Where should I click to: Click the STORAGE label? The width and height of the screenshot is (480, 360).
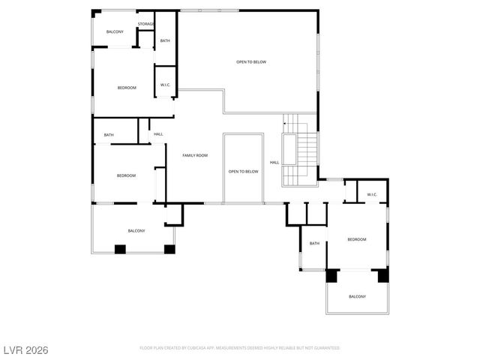pos(145,25)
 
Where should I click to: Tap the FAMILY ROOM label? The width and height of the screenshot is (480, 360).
pos(195,155)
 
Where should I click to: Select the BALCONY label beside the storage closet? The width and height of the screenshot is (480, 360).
pos(115,31)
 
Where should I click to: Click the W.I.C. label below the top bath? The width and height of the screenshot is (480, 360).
pos(165,85)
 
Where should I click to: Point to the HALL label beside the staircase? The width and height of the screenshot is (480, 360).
pos(274,162)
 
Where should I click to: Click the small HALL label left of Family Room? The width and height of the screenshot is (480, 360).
pos(158,134)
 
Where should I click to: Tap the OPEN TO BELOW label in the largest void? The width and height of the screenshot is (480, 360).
pos(251,62)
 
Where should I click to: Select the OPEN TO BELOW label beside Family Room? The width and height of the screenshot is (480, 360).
pos(243,172)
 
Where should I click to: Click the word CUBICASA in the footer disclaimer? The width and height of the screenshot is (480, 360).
pos(213,348)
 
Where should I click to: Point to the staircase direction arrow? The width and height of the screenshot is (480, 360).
pos(285,124)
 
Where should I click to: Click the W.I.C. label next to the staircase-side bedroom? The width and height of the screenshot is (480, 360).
pos(372,195)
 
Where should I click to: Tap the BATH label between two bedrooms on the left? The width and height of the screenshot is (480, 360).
pos(109,135)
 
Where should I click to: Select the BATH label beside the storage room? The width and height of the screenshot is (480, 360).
pos(165,40)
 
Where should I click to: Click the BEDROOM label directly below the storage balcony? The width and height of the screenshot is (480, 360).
pos(127,88)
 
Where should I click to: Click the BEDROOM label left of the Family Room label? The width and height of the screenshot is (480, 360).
pos(126,175)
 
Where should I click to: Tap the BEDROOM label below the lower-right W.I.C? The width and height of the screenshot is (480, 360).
pos(356,239)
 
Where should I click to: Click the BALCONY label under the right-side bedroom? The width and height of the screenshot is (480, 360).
pos(357,297)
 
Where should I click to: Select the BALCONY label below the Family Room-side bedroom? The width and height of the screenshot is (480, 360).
pos(136,230)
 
